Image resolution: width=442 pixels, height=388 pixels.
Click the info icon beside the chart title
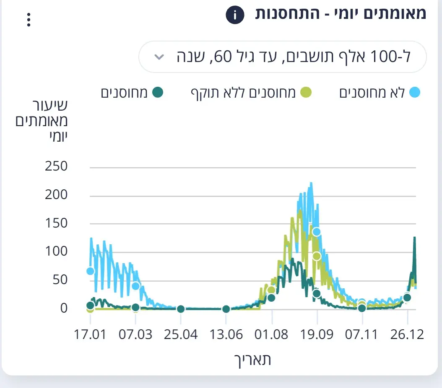coord(235,16)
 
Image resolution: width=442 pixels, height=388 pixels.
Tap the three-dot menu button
coord(29,20)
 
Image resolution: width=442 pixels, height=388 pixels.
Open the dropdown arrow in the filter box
coord(159,57)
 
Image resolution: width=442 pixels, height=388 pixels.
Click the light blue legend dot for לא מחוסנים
coord(414,93)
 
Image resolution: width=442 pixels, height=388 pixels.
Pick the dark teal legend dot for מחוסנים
coord(157,93)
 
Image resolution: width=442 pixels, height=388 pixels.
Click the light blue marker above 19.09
coord(317,232)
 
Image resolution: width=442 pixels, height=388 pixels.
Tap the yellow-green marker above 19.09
coord(317,256)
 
